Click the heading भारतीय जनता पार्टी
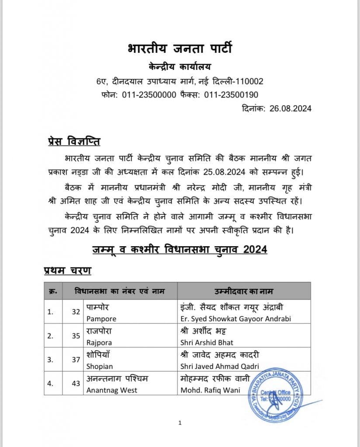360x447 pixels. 180,48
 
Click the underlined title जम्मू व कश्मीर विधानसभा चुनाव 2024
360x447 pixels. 180,249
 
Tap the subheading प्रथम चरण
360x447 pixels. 68,271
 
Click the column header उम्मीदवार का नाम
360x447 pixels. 244,291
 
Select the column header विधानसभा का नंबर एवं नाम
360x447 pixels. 120,291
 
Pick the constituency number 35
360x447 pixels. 76,337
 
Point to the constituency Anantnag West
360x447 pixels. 112,390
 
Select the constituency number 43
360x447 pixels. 76,384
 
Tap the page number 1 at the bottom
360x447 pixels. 180,423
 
